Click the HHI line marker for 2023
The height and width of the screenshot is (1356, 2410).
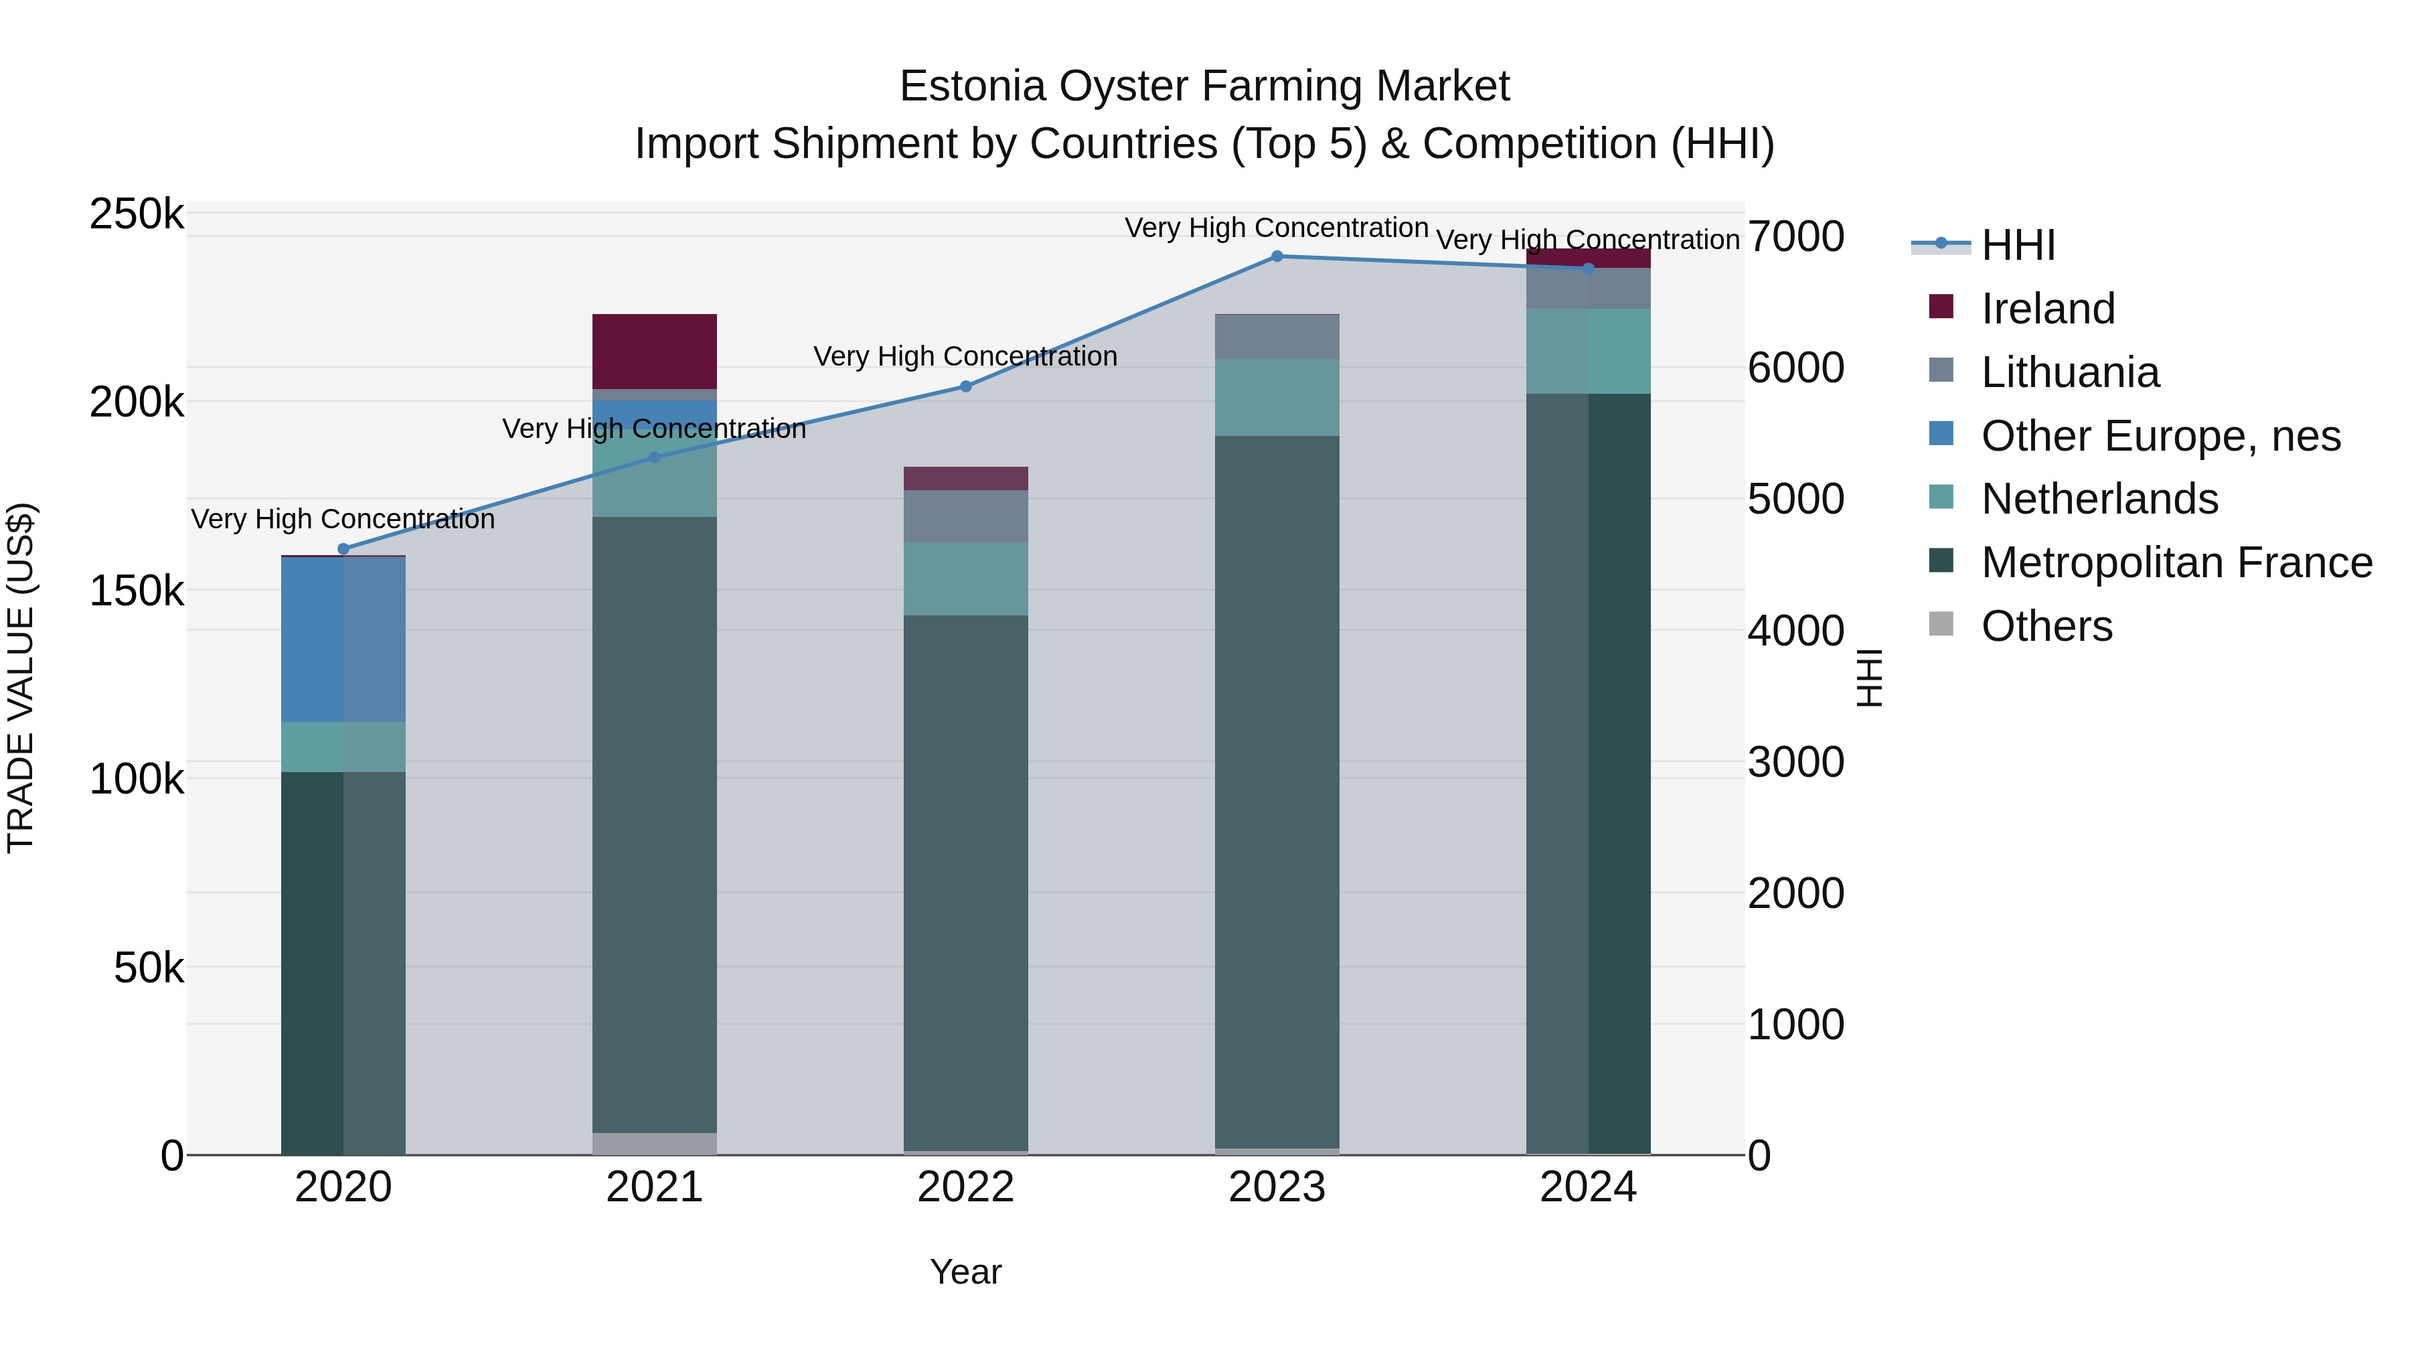(x=1277, y=256)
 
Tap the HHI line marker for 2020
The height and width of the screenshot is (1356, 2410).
(x=343, y=549)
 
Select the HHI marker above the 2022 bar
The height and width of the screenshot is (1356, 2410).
(x=965, y=386)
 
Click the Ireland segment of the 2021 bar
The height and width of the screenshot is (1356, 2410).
(x=654, y=351)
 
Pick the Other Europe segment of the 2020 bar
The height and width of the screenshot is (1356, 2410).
(x=343, y=639)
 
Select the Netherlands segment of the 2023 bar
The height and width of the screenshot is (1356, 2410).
(x=1277, y=397)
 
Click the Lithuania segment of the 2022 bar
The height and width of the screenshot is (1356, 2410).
(x=965, y=516)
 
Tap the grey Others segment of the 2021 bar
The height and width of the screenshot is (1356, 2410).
(x=654, y=1144)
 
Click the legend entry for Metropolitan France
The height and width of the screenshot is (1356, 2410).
(x=2176, y=562)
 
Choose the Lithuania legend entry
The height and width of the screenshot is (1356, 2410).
(x=2069, y=372)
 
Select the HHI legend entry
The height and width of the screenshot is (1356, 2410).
(x=2018, y=245)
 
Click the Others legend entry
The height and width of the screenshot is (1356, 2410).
(x=2046, y=626)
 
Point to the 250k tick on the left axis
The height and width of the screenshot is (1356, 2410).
(x=137, y=214)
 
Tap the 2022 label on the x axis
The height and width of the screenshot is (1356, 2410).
(x=965, y=1187)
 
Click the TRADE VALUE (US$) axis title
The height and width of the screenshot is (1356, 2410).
(x=21, y=678)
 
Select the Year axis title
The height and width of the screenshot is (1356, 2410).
(x=965, y=1272)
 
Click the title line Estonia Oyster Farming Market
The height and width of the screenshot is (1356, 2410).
(x=1204, y=86)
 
